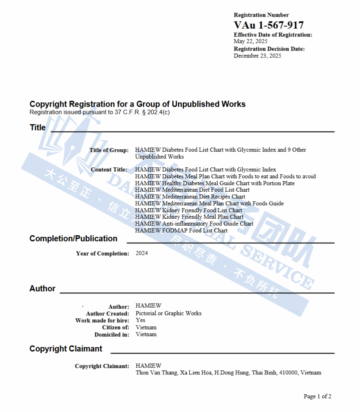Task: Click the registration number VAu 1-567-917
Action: (x=269, y=25)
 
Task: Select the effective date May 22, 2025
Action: (x=250, y=41)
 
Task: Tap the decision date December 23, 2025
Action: (x=257, y=56)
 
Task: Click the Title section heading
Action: (x=38, y=127)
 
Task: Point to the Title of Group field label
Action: (x=109, y=150)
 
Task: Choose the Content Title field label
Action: (x=109, y=169)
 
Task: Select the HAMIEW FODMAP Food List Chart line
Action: (x=181, y=230)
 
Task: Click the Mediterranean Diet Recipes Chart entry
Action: (x=190, y=196)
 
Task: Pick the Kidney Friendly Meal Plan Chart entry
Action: (x=189, y=217)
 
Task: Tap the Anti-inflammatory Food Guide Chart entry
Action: (x=194, y=224)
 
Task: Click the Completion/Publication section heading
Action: (x=73, y=239)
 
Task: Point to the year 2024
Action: (x=142, y=253)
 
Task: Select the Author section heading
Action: (x=42, y=289)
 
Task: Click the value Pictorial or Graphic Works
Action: (x=168, y=313)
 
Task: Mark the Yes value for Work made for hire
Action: (x=140, y=320)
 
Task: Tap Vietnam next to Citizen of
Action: (x=146, y=327)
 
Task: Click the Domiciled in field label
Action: (x=112, y=334)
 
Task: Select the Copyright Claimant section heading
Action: (x=66, y=349)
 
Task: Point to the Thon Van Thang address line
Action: (x=228, y=372)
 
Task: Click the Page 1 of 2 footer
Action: (x=317, y=396)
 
